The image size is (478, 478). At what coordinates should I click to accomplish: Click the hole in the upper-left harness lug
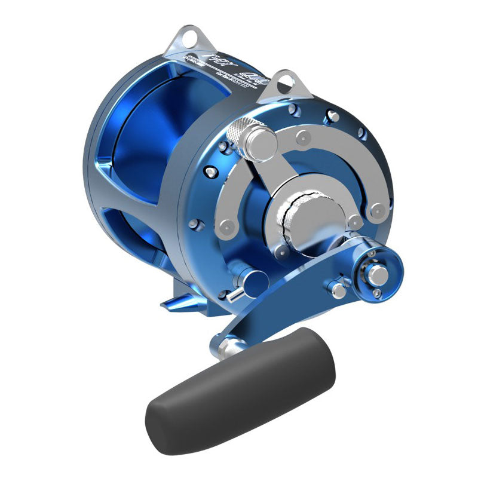(189, 38)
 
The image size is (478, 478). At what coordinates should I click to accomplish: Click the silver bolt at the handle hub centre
(377, 275)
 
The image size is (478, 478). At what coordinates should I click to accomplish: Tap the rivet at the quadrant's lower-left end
(225, 228)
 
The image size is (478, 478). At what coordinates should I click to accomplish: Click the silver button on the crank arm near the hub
(339, 291)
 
